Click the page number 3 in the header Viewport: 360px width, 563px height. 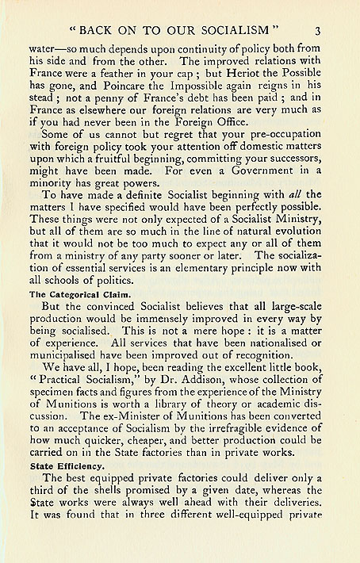(316, 32)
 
